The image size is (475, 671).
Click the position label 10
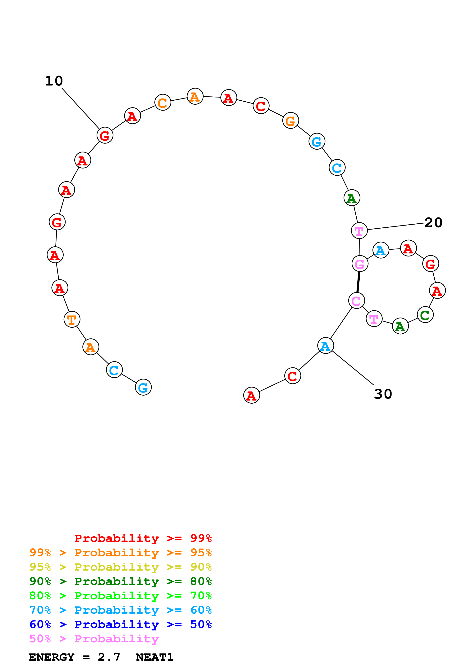point(54,81)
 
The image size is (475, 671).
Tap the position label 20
point(433,223)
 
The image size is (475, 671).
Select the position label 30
point(383,394)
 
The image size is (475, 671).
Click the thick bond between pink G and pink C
point(358,282)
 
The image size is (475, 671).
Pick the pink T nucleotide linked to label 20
point(359,230)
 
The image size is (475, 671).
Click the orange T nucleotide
point(72,319)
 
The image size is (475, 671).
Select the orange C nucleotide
point(163,102)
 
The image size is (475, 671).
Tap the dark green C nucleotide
point(425,315)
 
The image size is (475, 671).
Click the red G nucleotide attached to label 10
point(105,135)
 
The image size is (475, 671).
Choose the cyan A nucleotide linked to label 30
point(325,346)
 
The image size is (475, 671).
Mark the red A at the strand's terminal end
point(251,395)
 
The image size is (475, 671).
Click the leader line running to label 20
point(395,226)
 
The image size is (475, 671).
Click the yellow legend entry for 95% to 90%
point(120,567)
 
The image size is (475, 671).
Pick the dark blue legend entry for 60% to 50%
point(120,624)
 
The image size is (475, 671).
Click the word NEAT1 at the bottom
point(154,657)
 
